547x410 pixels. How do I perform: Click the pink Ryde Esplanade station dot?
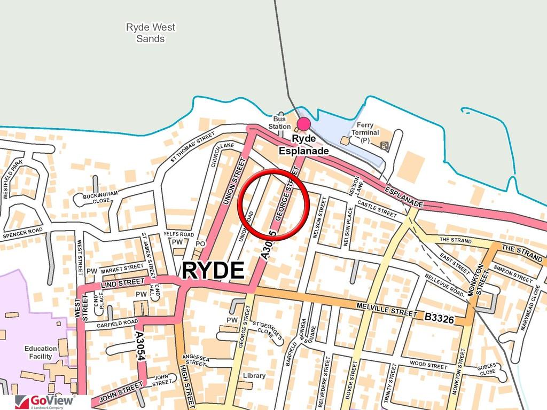[x=303, y=124]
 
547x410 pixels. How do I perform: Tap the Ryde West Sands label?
[x=150, y=33]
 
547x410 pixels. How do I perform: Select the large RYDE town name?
[x=213, y=271]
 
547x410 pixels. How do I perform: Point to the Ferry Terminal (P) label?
[x=365, y=132]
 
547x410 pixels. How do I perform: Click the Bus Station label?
[x=279, y=123]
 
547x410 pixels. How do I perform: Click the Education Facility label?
[x=41, y=352]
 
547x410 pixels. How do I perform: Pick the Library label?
[x=254, y=376]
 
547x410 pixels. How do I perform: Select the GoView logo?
[x=45, y=401]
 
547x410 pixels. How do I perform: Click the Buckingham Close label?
[x=97, y=198]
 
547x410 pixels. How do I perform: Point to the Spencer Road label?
[x=22, y=233]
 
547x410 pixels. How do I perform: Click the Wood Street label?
[x=428, y=367]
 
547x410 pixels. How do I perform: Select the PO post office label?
[x=200, y=244]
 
